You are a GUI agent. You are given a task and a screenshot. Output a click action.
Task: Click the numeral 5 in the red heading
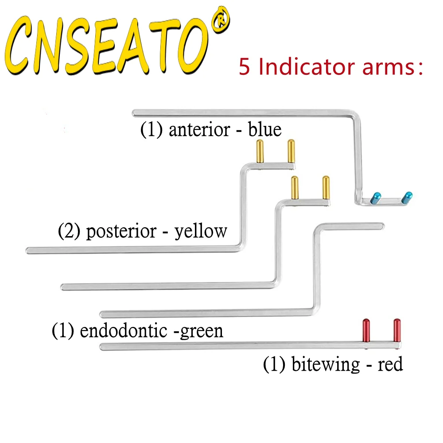(245, 67)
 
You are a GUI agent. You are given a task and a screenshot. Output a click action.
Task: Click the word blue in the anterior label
(265, 130)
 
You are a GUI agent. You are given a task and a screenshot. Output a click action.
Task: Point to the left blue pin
(376, 197)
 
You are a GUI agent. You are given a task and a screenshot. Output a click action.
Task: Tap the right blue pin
(407, 197)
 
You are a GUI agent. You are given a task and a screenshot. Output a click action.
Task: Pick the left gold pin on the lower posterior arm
(294, 188)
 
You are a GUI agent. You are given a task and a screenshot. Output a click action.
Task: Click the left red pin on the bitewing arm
(366, 330)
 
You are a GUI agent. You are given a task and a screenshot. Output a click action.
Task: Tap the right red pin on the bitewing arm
(397, 330)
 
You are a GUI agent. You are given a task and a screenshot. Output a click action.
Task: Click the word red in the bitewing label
(390, 365)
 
